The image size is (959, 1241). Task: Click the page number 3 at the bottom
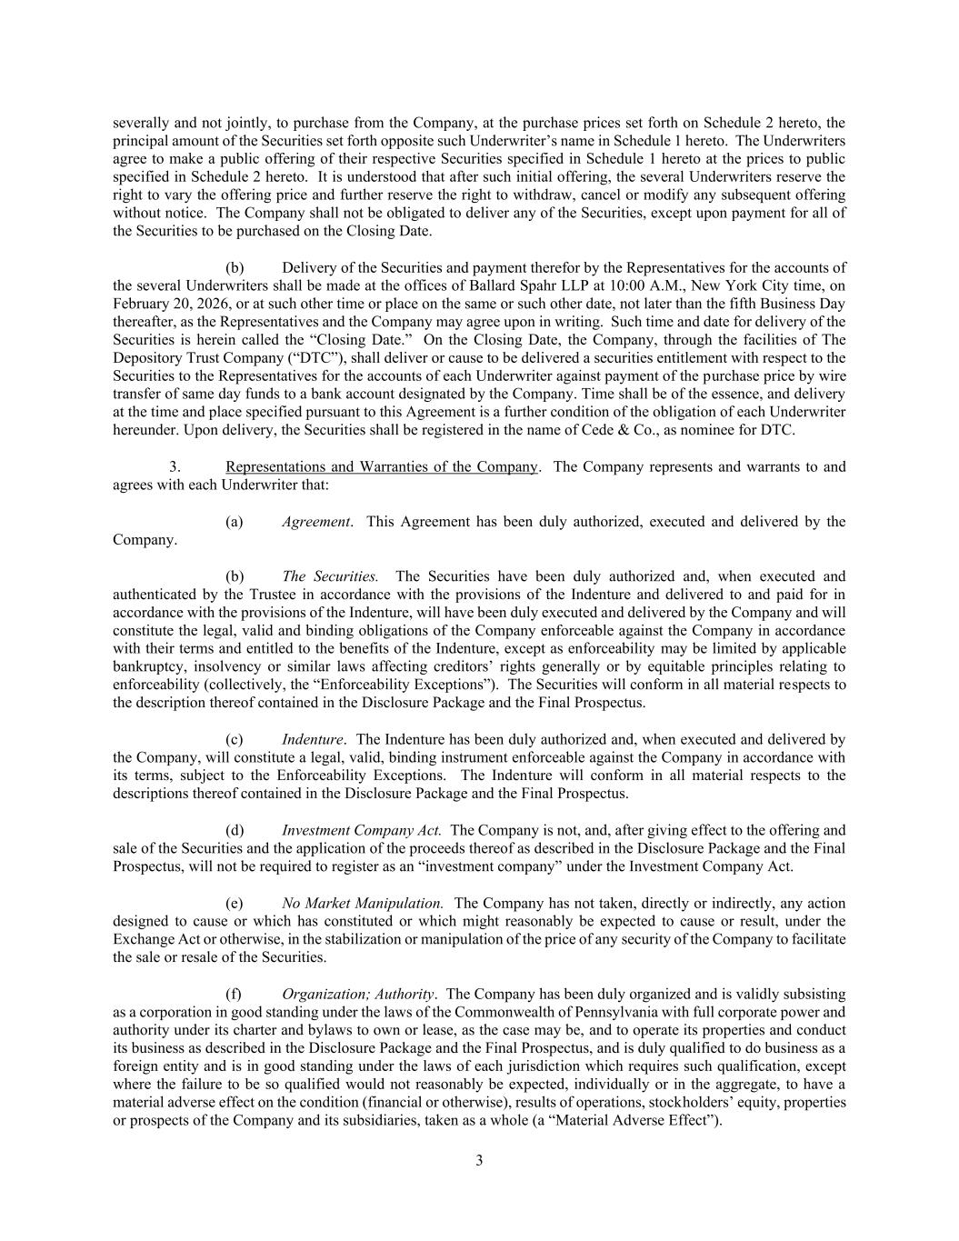coord(479,1160)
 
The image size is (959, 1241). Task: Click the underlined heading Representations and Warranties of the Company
coord(382,467)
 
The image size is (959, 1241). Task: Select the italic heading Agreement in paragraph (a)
coord(315,522)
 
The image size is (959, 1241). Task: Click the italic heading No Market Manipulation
coord(363,903)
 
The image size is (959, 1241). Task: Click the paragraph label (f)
coord(234,994)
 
